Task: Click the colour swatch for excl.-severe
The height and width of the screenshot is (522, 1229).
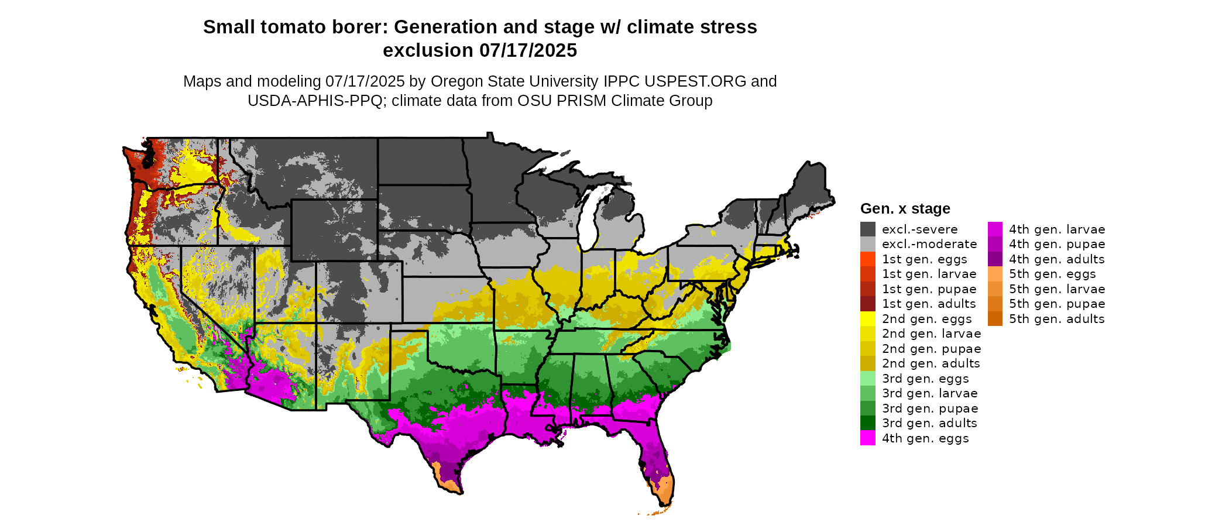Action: pos(867,229)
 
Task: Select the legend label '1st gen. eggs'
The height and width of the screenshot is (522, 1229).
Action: pos(924,259)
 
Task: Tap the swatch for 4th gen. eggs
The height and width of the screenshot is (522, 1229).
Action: pos(867,438)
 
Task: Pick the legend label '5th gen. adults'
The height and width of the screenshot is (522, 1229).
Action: pos(1056,319)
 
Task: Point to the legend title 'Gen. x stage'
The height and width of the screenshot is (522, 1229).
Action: pos(905,209)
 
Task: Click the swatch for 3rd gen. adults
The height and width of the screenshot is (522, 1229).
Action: pos(867,423)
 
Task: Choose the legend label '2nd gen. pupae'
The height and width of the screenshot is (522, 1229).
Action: pos(931,349)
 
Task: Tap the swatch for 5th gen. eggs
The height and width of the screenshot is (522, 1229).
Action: pos(995,274)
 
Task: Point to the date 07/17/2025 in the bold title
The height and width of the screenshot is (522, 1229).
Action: pos(528,51)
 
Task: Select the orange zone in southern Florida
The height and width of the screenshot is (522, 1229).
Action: pos(662,494)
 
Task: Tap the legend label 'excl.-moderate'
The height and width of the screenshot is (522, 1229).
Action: pos(929,244)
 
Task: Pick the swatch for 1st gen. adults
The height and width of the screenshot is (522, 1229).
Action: pos(867,304)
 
